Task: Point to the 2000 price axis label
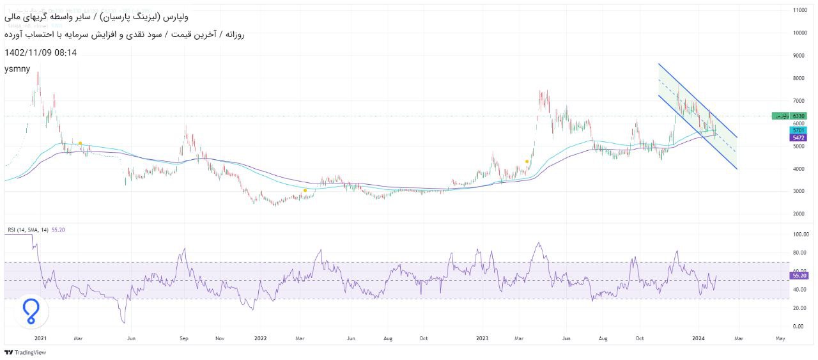pos(799,214)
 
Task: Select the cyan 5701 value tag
pos(798,130)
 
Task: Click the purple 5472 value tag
pos(798,137)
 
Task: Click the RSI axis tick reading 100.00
pos(799,235)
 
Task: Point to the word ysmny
pos(17,68)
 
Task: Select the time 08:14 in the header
pos(65,52)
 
